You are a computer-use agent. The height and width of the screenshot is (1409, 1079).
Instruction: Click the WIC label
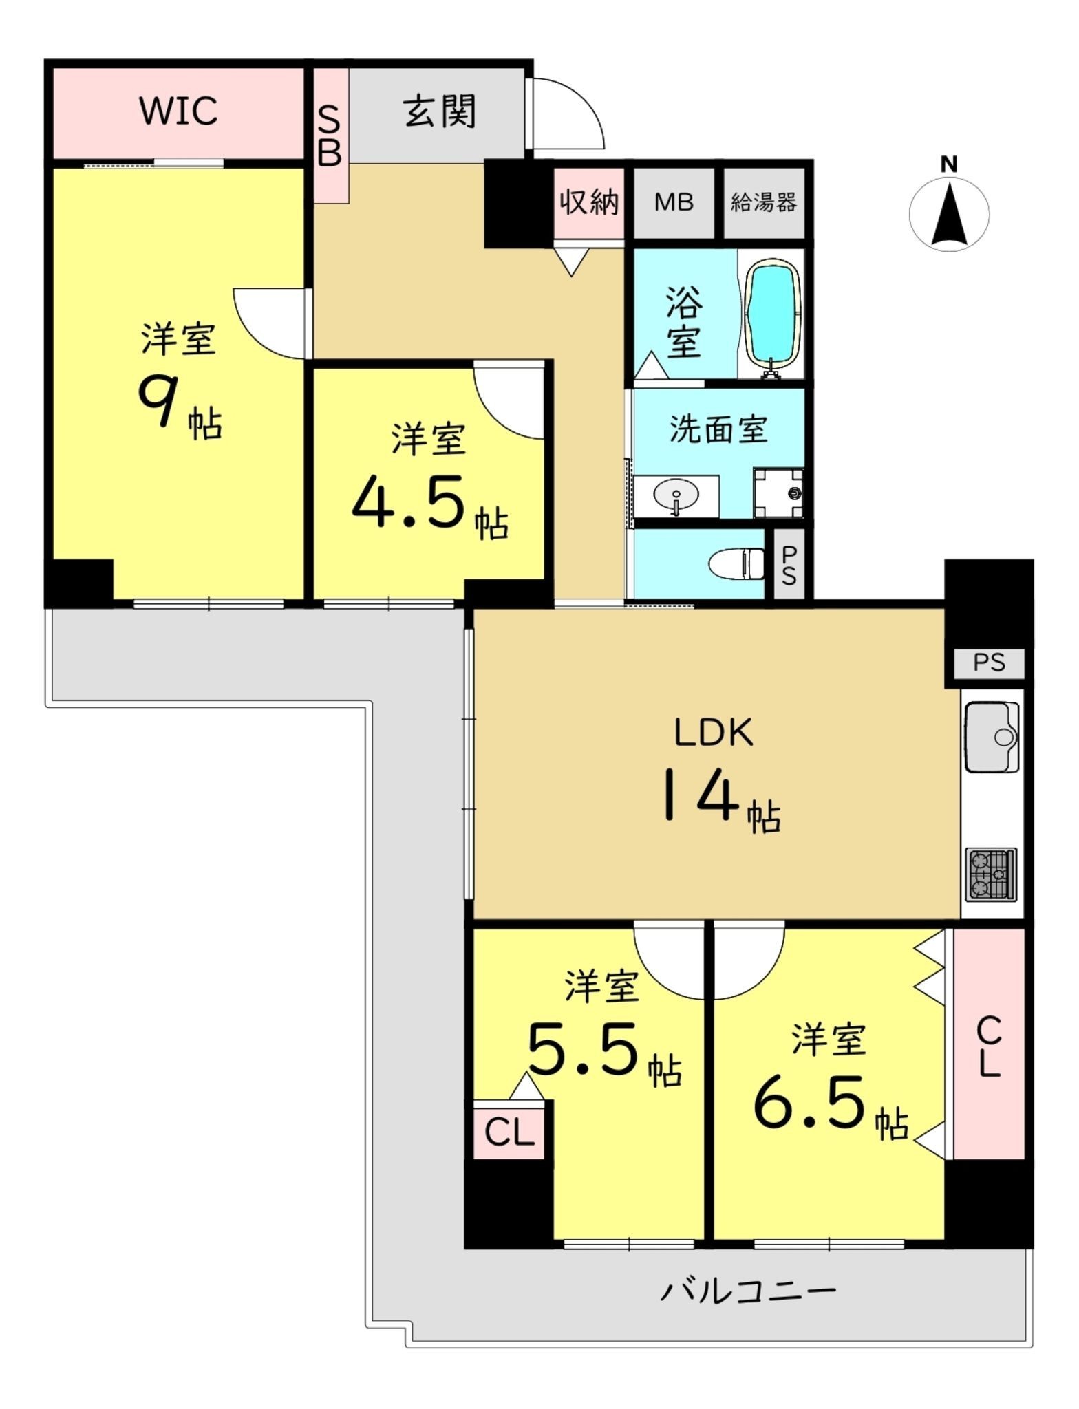tap(179, 110)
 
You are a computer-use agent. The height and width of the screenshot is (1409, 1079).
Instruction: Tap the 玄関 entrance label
tap(440, 111)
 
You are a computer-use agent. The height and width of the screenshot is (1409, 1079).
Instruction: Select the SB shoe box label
tap(330, 138)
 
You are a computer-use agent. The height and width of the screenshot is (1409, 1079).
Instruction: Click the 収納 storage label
tap(589, 202)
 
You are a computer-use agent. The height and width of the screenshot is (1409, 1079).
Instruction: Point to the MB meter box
tap(674, 203)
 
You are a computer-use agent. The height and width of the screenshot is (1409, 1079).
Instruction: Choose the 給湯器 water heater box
tap(764, 203)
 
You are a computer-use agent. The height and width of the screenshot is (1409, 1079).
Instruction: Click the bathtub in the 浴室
tap(773, 316)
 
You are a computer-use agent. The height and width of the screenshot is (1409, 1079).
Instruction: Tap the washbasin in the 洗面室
tap(676, 496)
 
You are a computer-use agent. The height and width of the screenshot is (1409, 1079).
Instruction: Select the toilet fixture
tap(736, 564)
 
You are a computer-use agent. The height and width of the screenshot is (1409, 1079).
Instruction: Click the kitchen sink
tap(992, 737)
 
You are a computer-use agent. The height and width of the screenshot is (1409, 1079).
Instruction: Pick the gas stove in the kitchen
tap(992, 874)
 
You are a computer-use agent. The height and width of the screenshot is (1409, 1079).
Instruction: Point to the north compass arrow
tap(950, 213)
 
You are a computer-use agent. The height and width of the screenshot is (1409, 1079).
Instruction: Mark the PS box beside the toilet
tap(789, 564)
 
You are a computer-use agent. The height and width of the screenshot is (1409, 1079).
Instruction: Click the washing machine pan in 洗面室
tap(778, 493)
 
